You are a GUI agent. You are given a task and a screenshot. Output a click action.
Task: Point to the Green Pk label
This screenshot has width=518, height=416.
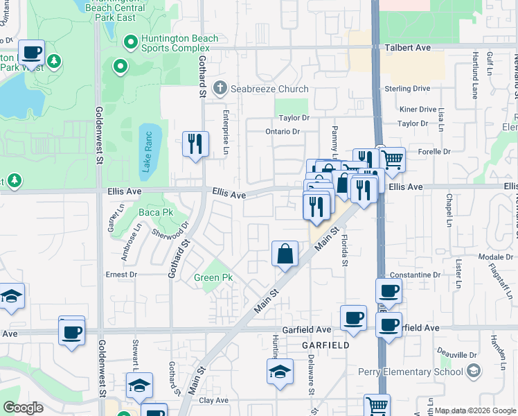(x=213, y=278)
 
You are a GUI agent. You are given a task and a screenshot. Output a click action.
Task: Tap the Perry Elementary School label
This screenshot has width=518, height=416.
(x=419, y=372)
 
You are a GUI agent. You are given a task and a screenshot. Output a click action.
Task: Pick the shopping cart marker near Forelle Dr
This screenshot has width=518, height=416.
(x=392, y=159)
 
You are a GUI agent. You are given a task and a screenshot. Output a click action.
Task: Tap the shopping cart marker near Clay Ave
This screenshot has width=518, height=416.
(x=377, y=406)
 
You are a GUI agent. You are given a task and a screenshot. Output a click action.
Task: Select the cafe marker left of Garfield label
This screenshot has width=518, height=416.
(x=353, y=318)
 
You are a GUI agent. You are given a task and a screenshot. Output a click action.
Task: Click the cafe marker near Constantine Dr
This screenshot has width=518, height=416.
(x=388, y=291)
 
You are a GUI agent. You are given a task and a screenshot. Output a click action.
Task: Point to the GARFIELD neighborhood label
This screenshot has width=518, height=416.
(x=324, y=345)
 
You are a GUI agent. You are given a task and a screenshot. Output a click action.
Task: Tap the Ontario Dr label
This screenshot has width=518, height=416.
(x=283, y=131)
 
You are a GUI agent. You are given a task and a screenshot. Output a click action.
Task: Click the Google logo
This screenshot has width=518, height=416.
(x=23, y=408)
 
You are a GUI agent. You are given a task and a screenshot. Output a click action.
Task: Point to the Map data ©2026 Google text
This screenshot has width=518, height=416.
(x=474, y=410)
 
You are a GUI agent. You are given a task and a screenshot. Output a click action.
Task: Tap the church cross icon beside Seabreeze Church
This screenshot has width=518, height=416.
(x=220, y=88)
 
